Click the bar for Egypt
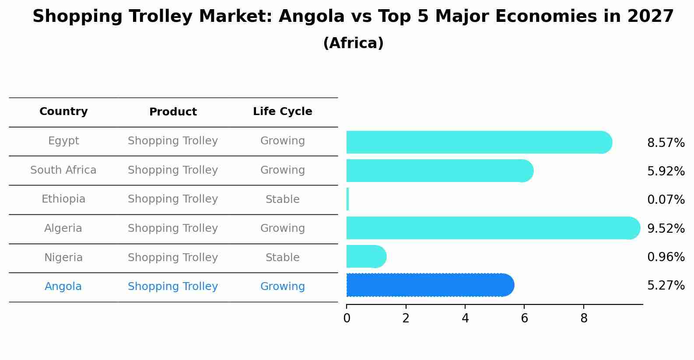tap(477, 142)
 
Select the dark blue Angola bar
tap(429, 285)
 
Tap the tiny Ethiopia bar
tap(347, 199)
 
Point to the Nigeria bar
tap(365, 256)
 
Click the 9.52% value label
tap(666, 228)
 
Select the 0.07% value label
tap(666, 200)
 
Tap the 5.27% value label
tap(666, 286)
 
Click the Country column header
tap(63, 112)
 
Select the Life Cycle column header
tap(282, 112)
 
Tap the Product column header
tap(173, 112)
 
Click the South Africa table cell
tap(63, 170)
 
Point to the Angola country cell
tap(63, 287)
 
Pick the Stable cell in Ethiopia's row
tap(282, 199)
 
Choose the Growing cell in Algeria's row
tap(282, 228)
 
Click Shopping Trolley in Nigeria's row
tap(173, 258)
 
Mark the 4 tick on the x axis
tap(465, 318)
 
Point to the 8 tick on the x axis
tap(584, 318)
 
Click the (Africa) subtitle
tap(353, 43)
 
